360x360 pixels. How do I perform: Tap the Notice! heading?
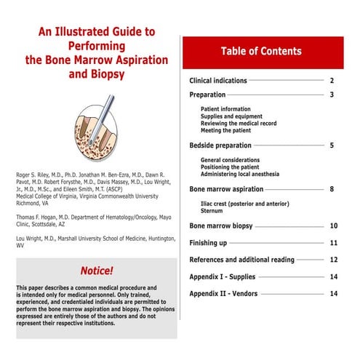(97, 271)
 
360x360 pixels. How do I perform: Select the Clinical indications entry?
(218, 81)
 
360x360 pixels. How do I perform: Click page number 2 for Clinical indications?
(331, 81)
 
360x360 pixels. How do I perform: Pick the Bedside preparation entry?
(221, 145)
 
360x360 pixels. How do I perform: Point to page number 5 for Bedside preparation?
(331, 145)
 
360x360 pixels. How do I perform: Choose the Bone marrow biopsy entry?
(221, 226)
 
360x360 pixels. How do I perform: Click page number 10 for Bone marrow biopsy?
(333, 226)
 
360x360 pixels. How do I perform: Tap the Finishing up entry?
(208, 243)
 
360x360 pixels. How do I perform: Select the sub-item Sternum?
(212, 210)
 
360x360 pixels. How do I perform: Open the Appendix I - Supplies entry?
(227, 276)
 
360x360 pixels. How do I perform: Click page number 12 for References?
(333, 260)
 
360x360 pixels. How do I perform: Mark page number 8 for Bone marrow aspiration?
(331, 189)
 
